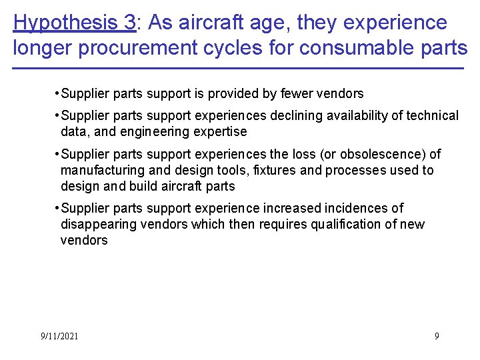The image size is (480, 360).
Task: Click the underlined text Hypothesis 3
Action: [74, 23]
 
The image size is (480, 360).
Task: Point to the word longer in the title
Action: [43, 49]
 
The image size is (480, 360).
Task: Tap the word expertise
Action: [219, 131]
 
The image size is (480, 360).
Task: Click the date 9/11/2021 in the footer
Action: [59, 336]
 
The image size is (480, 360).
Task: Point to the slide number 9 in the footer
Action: [437, 336]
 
